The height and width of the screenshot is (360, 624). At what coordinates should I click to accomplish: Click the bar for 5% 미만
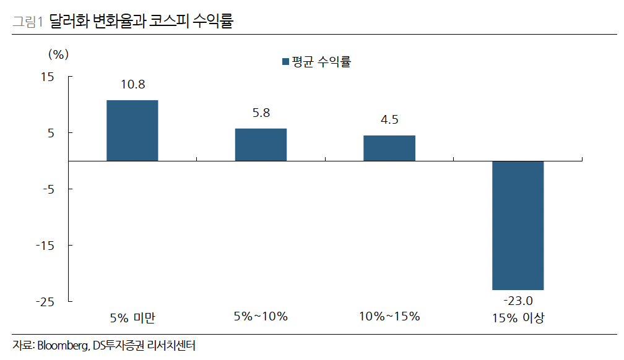click(132, 130)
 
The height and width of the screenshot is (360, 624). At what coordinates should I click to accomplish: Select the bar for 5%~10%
click(261, 145)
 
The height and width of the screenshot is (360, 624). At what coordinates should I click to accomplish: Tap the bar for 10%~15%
click(389, 148)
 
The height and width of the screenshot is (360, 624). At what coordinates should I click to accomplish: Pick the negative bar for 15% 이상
click(518, 225)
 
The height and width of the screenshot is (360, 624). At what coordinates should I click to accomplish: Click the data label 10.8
click(132, 85)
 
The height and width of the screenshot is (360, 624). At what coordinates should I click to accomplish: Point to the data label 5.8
click(261, 113)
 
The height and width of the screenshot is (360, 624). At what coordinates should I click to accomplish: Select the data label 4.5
click(389, 120)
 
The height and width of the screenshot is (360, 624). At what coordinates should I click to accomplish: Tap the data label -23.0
click(518, 301)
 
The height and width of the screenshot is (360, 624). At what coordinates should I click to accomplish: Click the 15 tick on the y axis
click(48, 77)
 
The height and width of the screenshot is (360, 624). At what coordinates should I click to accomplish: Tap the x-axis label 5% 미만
click(132, 318)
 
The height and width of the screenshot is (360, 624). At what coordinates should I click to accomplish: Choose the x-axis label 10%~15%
click(389, 317)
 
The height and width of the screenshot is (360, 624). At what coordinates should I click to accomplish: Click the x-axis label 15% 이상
click(518, 318)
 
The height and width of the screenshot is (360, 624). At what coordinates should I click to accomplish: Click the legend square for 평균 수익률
click(285, 62)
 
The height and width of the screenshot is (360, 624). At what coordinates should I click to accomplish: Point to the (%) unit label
click(58, 54)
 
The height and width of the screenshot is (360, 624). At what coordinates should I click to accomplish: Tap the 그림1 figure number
click(27, 22)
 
